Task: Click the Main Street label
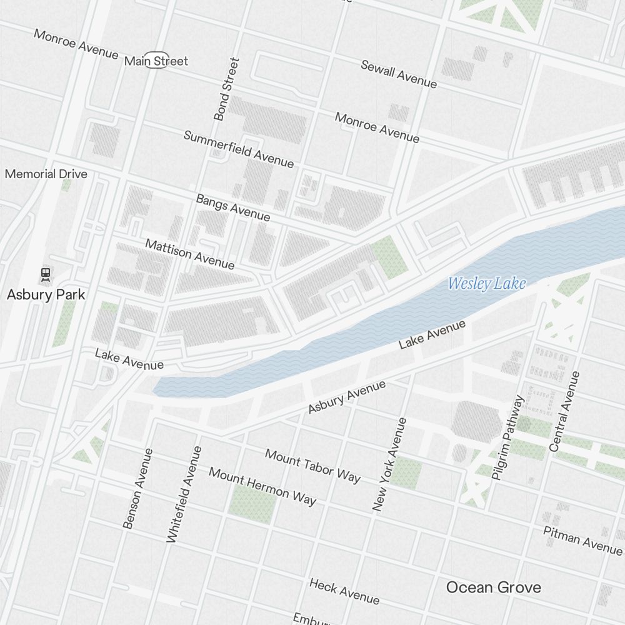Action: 156,61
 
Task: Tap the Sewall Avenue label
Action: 399,74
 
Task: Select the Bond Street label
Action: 226,89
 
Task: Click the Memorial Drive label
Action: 46,174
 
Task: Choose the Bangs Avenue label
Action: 233,207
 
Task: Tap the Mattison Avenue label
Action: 190,254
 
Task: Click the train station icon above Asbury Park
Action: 45,273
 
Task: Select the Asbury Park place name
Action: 46,294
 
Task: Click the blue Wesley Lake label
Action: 487,284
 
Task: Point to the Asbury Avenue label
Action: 347,397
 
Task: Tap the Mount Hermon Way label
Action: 262,486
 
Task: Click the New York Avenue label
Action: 389,464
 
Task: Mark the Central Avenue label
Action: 565,411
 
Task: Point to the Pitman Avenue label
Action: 582,540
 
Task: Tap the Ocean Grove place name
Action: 493,587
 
